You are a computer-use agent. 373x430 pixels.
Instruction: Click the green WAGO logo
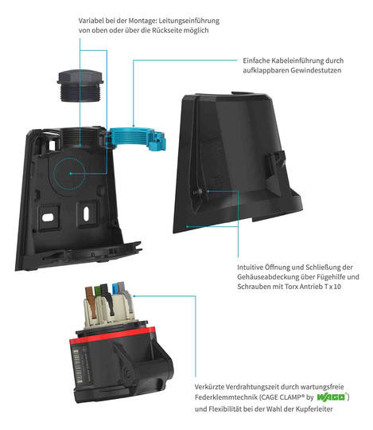332,397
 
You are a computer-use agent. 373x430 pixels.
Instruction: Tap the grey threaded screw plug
80,86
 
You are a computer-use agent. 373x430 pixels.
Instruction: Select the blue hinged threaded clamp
137,139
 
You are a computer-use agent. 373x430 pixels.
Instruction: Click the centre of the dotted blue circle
70,174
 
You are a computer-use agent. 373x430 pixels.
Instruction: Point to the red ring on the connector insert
112,335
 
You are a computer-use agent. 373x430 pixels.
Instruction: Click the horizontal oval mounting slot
48,217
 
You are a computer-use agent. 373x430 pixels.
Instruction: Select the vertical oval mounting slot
86,213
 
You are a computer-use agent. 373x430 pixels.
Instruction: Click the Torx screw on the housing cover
201,191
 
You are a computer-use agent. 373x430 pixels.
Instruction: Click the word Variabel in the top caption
90,21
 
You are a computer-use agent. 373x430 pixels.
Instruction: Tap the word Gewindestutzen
316,71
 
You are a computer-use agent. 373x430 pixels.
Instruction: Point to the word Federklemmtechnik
226,397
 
